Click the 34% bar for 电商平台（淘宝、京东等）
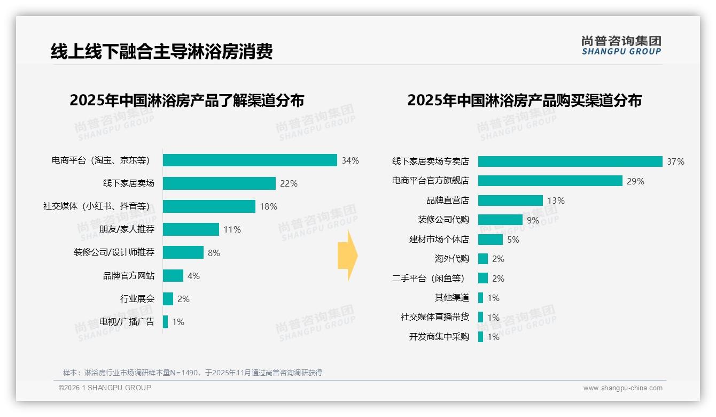click(x=250, y=160)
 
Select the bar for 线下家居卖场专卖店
click(x=570, y=161)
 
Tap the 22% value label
click(x=289, y=183)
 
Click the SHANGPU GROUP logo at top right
click(x=621, y=45)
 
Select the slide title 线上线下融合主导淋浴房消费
click(x=162, y=51)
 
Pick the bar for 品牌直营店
click(x=510, y=200)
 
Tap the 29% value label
click(x=635, y=181)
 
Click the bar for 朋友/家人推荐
click(x=191, y=229)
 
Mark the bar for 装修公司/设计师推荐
click(x=183, y=252)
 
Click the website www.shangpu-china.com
click(x=622, y=388)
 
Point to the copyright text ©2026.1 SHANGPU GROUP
click(x=105, y=388)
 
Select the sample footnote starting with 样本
click(x=192, y=373)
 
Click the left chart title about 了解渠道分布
click(x=186, y=101)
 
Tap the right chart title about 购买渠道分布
click(x=524, y=101)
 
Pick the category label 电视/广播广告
click(x=127, y=322)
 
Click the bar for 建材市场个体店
click(x=490, y=240)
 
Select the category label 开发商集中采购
click(x=439, y=337)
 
